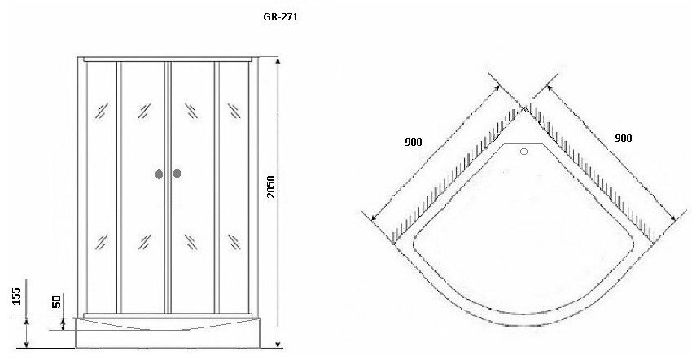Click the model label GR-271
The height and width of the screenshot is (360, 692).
pos(281,17)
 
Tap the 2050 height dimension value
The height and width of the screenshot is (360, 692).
pos(271,187)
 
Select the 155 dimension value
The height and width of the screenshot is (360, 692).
pos(16,296)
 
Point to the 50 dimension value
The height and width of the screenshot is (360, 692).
pos(56,301)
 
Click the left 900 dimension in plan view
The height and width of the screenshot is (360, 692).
pos(414,143)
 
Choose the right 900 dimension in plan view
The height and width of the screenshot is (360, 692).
pos(623,138)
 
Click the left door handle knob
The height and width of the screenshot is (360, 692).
pos(160,174)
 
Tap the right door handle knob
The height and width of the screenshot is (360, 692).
pos(177,173)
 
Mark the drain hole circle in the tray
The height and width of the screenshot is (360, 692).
pos(523,151)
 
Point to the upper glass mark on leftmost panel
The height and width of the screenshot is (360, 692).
pos(102,111)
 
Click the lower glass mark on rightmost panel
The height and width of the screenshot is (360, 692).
pos(234,242)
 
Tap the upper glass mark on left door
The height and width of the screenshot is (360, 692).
pos(144,111)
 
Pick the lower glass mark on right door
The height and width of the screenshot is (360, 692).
pos(191,242)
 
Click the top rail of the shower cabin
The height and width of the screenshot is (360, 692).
pos(169,59)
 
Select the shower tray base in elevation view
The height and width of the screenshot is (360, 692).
pos(168,332)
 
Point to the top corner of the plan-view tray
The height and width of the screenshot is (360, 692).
pos(523,108)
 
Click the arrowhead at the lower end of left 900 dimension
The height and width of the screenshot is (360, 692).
pos(374,217)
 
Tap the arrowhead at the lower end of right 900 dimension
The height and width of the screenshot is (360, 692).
pos(672,217)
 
